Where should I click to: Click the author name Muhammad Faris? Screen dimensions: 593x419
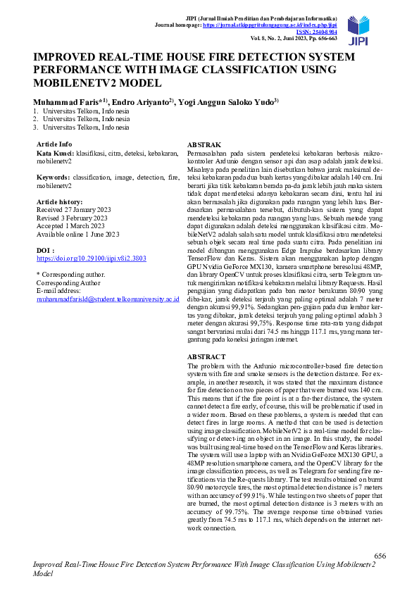(65, 101)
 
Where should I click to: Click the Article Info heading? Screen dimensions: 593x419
(54, 144)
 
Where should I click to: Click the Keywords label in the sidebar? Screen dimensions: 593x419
(54, 178)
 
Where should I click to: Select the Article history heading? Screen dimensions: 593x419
(61, 201)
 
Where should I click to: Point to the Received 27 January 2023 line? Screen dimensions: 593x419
(74, 210)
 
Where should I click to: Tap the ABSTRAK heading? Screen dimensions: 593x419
(204, 144)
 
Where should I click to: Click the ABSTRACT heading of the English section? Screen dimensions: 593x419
(206, 357)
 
